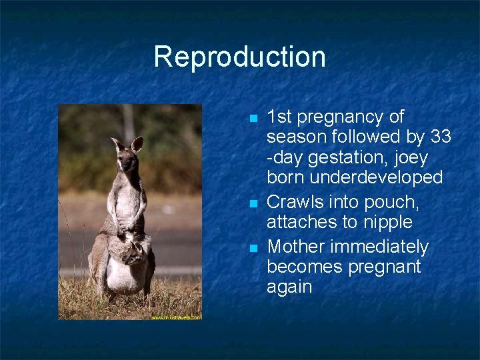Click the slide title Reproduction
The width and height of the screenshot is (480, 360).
239,57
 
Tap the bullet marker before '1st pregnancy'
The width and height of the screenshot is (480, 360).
253,118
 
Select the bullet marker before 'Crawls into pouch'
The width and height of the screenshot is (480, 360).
253,202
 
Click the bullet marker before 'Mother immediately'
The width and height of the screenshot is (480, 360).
253,248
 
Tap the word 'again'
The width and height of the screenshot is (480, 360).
289,287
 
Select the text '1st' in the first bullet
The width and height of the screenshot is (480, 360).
279,117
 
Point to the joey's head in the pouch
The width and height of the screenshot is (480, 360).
136,251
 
